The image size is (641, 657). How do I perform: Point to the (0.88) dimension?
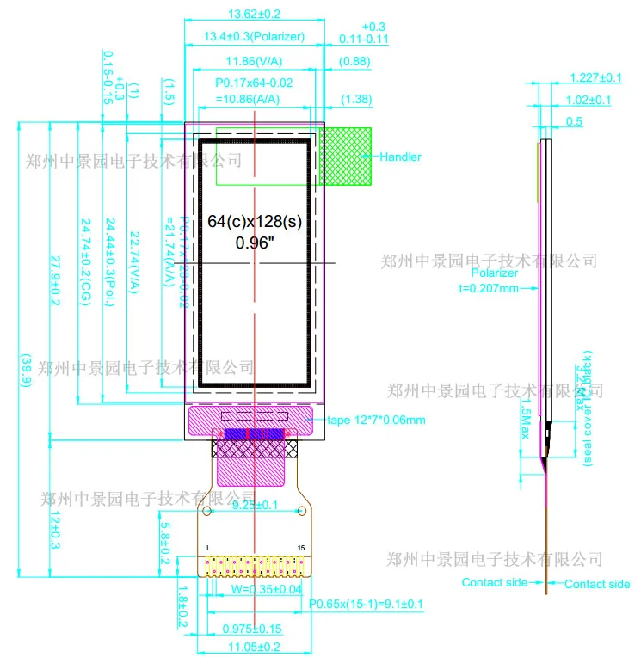tap(355, 62)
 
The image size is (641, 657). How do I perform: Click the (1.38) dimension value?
tap(356, 100)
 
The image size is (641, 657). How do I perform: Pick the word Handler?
tap(401, 157)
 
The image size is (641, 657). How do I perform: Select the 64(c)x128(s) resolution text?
tap(256, 222)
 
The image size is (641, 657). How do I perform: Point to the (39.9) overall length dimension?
tap(26, 371)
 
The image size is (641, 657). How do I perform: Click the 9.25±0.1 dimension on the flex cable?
tap(256, 506)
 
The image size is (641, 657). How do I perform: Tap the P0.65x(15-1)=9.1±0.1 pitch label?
tap(367, 604)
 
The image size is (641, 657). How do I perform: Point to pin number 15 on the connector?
tap(300, 548)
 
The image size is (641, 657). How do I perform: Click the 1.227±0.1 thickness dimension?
tap(595, 77)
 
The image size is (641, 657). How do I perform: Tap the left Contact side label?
tap(495, 583)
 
